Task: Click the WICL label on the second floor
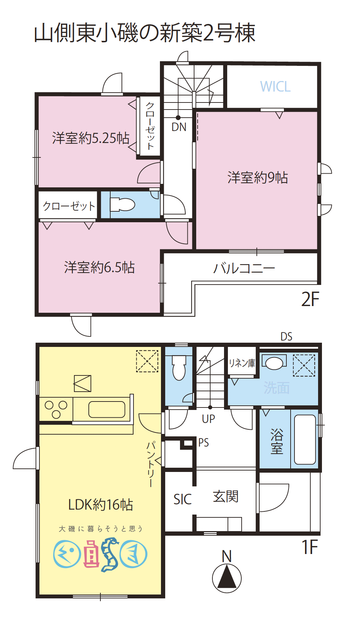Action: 275,87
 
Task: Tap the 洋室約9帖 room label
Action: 257,178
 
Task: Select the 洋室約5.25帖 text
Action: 91,138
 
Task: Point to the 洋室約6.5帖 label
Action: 99,267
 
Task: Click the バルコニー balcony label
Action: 244,268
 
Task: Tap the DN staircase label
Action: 179,127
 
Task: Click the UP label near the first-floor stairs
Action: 209,419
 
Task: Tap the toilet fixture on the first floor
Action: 179,368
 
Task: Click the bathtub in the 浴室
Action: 305,439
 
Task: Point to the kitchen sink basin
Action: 107,409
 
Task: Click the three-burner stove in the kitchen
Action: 56,409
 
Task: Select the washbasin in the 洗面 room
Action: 274,363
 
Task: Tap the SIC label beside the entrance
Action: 182,499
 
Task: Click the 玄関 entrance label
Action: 225,497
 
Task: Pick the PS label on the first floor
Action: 204,443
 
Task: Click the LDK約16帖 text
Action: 100,505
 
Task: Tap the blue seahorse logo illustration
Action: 110,554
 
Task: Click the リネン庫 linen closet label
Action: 242,363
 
